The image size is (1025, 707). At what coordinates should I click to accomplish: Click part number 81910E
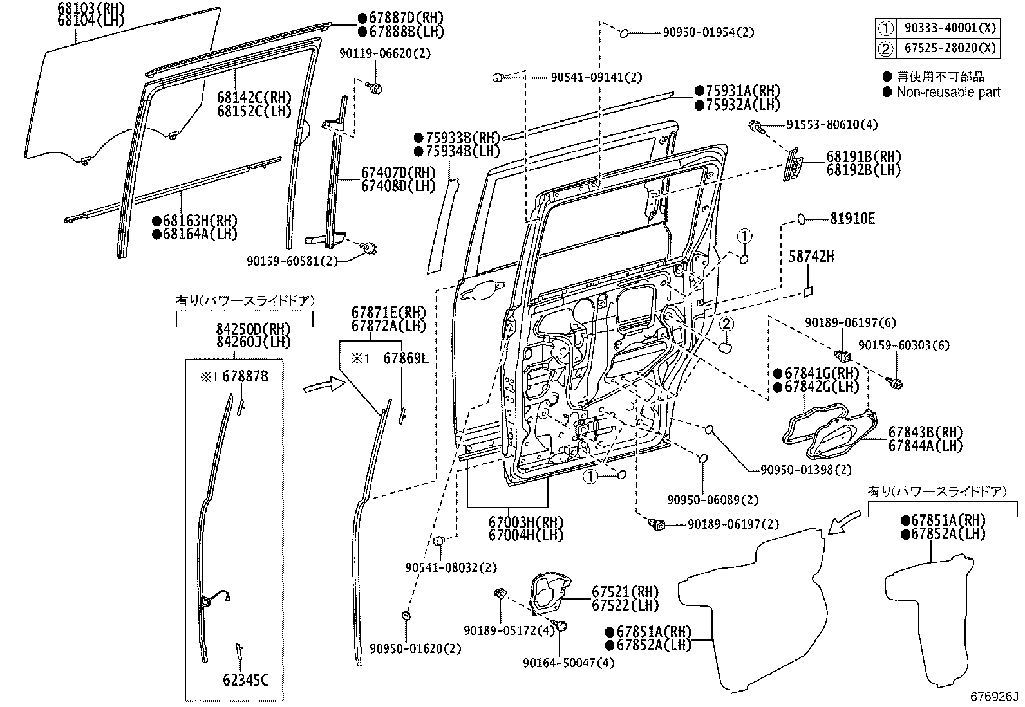click(851, 219)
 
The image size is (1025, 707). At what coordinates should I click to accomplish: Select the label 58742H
click(811, 257)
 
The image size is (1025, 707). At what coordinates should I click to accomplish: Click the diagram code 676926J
click(995, 697)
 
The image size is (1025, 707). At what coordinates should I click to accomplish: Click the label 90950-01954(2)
click(708, 32)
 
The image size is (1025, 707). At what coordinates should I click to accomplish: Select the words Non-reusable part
click(948, 92)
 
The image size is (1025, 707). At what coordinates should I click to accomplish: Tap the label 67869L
click(406, 358)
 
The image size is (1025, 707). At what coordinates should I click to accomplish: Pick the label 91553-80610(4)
click(831, 125)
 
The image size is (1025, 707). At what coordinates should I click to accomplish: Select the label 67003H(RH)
click(525, 522)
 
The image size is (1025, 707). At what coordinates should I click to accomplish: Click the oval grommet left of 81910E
click(802, 219)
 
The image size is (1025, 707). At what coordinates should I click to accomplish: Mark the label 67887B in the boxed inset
click(245, 377)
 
